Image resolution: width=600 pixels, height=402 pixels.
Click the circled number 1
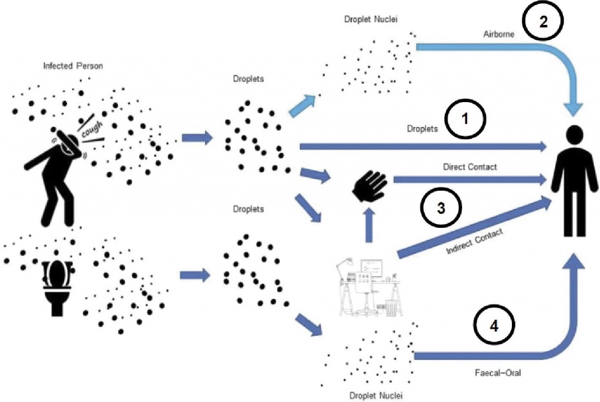(465, 119)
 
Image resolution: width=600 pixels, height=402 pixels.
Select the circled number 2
(543, 22)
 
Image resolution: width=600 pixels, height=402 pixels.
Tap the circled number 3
(441, 207)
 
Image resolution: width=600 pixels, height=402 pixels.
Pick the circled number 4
(494, 325)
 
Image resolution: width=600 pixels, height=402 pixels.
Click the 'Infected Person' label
(73, 66)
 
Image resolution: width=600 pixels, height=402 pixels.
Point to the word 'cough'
(92, 130)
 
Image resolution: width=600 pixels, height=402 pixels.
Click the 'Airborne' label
(499, 34)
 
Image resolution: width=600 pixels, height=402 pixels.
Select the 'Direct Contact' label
(470, 167)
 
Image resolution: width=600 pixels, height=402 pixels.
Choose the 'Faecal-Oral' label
(498, 372)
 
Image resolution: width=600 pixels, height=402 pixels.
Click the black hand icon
(370, 186)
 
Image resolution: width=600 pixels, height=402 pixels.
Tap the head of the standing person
(574, 135)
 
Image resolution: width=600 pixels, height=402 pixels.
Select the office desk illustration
(369, 288)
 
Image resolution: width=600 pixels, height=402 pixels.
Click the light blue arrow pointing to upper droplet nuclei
(302, 105)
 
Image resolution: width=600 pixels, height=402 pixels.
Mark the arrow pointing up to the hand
(369, 225)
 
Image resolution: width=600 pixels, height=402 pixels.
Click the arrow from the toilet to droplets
(195, 275)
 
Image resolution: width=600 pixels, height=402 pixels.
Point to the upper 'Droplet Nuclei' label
(371, 19)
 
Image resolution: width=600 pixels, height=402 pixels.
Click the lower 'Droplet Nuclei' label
(376, 396)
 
